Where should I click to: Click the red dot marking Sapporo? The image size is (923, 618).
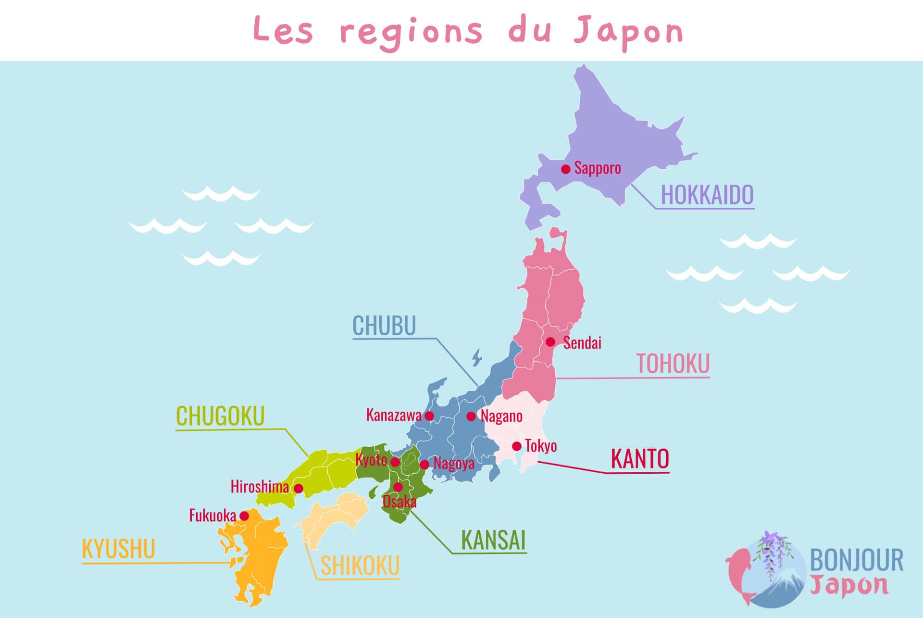point(566,169)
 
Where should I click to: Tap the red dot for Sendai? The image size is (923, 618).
point(550,342)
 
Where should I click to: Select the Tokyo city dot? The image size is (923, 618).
point(517,446)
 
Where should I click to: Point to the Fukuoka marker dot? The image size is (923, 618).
point(244,516)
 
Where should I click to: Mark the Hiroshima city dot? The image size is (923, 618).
point(299,489)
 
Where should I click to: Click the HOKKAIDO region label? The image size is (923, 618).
point(707,195)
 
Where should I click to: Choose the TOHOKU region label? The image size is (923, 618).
point(673,364)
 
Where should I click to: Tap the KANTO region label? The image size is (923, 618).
point(640,459)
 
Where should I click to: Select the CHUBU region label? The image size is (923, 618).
point(384,326)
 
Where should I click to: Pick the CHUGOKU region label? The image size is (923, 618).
point(220,416)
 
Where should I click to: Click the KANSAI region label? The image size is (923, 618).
point(493,540)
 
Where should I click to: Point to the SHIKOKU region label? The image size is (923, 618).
point(360,566)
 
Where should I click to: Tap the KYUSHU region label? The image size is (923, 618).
point(118,549)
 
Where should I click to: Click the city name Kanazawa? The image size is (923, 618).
point(394,415)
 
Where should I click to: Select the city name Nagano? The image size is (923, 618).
point(501,416)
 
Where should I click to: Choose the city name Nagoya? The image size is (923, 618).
point(454,464)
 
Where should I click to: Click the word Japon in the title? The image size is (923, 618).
point(628,32)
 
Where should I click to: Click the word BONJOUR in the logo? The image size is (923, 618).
point(856,561)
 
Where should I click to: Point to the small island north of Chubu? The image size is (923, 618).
point(477,357)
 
